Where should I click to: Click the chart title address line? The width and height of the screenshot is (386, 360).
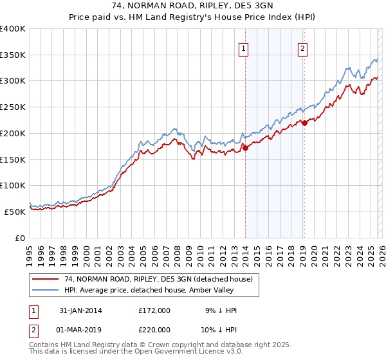coord(192,6)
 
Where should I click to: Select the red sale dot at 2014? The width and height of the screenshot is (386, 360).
coord(245,148)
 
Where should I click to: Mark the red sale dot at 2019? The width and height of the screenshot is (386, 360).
coord(304,123)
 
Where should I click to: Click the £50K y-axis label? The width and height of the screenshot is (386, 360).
coord(15,212)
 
